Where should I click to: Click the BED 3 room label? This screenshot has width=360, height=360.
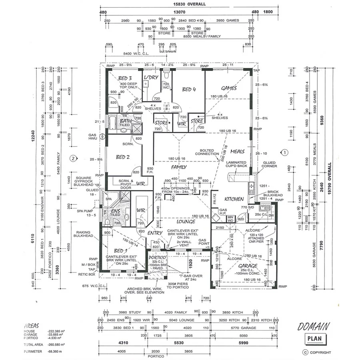coord(125,78)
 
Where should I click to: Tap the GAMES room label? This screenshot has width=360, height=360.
coord(229,88)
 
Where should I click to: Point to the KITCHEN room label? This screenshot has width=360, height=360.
coord(234,199)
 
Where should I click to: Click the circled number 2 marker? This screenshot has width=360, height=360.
coord(72,158)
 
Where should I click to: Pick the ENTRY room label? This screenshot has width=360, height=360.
coord(155,233)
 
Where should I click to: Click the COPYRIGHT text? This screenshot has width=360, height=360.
coord(320,352)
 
